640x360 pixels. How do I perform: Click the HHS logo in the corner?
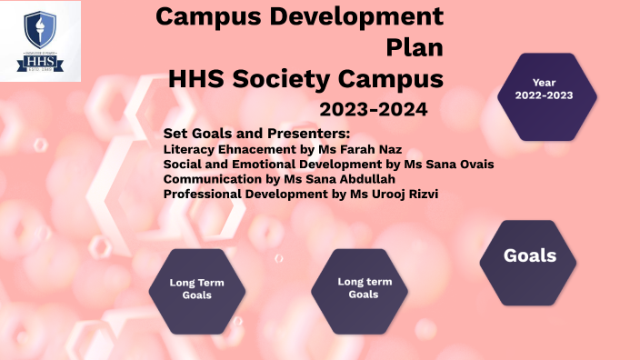coord(39,41)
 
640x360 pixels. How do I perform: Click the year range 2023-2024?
coord(373,110)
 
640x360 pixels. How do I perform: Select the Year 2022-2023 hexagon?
coord(544,95)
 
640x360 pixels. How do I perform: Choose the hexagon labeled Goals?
coord(530,257)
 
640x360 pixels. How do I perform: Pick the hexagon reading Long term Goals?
coord(364,288)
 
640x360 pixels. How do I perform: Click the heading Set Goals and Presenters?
coord(250,134)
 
